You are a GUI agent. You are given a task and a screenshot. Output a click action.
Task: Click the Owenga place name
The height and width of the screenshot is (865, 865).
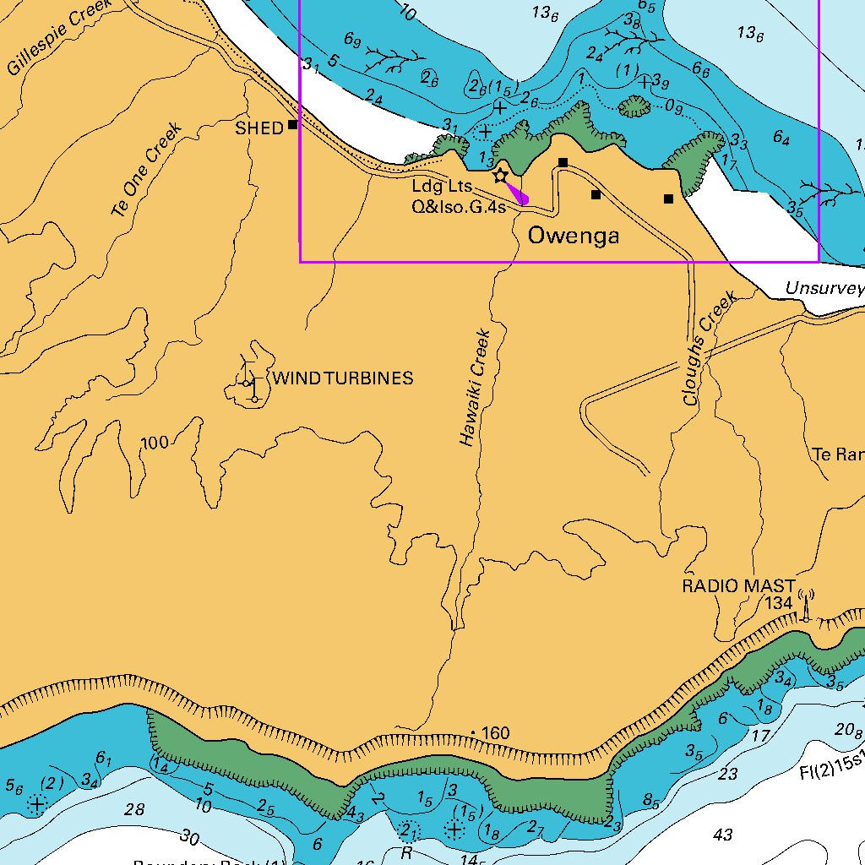(574, 236)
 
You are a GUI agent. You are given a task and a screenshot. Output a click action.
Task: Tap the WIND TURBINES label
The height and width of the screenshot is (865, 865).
(343, 378)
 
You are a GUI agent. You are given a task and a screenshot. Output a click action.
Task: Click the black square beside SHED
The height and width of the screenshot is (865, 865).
(293, 125)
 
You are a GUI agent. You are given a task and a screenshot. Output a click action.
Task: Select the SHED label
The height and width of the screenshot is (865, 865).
(259, 128)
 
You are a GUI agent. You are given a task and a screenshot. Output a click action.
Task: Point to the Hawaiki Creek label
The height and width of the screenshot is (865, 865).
(476, 387)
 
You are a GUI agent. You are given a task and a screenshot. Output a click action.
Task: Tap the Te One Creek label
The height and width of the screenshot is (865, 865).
(147, 168)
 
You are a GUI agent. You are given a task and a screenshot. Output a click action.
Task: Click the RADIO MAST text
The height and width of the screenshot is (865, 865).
(738, 585)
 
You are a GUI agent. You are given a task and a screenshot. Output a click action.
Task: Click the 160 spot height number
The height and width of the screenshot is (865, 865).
(495, 733)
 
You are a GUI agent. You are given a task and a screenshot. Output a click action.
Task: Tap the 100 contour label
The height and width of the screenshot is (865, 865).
(155, 443)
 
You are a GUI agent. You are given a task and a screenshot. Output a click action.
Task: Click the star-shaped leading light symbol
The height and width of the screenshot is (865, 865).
(500, 175)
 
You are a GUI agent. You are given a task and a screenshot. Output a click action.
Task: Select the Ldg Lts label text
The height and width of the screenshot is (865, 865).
(442, 186)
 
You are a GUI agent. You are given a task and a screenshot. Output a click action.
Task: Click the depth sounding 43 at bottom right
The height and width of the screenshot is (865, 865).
(723, 835)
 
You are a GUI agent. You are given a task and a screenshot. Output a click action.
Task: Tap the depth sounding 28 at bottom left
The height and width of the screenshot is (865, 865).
(134, 810)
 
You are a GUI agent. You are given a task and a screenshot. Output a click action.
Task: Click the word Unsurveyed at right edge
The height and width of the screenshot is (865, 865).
(824, 289)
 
